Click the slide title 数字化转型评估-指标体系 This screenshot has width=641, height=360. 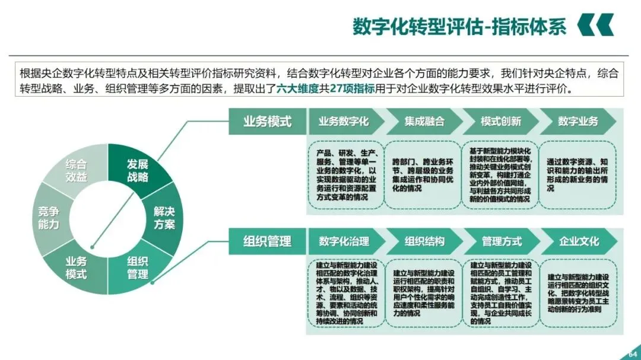tap(459, 27)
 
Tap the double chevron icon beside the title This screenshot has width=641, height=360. tap(595, 25)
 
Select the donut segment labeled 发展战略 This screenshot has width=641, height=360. tap(137, 170)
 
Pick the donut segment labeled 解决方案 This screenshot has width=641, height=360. tap(164, 218)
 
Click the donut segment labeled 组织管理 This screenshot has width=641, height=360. tap(137, 267)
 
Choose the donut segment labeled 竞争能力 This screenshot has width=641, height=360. tap(48, 218)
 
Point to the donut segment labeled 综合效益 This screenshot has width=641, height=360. tap(76, 170)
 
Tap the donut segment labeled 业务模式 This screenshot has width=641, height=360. tap(76, 267)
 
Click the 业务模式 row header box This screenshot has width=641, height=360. tap(267, 122)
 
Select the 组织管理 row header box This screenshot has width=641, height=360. tap(267, 241)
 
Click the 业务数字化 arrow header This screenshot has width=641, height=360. tap(344, 122)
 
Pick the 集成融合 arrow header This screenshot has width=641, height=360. tap(424, 122)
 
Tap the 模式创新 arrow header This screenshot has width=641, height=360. tap(501, 122)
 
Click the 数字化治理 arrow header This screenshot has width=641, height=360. tap(344, 241)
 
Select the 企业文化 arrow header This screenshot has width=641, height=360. tap(579, 241)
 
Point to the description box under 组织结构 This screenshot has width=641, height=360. tap(424, 292)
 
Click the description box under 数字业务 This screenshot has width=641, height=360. tap(578, 174)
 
